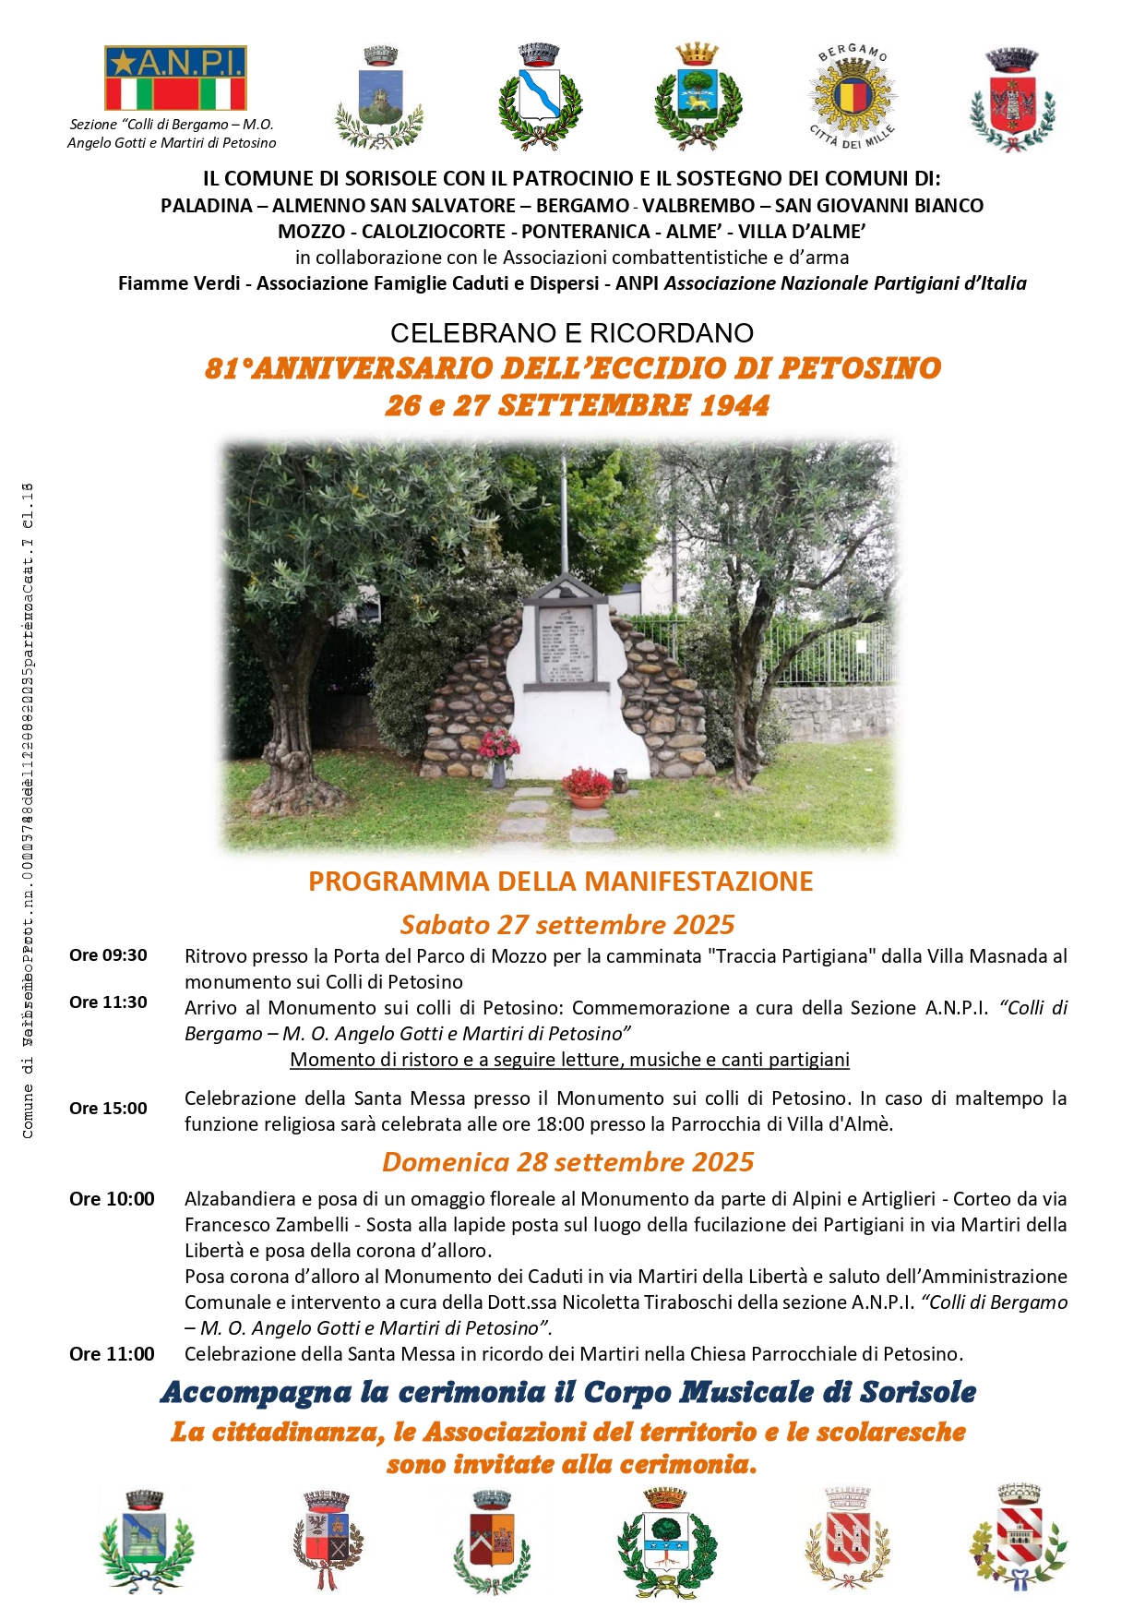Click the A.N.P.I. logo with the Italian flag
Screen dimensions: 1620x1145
coord(175,78)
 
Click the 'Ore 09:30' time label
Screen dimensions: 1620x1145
coord(108,955)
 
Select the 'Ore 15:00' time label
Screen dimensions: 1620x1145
coord(108,1109)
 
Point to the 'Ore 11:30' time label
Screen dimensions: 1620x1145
coord(108,1002)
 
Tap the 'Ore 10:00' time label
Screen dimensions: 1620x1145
coord(112,1199)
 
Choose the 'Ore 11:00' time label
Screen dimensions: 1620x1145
coord(112,1354)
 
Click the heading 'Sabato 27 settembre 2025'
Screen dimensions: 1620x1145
coord(567,925)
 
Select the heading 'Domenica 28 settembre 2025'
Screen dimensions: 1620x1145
coord(568,1162)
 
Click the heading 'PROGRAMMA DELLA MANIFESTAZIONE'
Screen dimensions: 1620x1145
coord(561,882)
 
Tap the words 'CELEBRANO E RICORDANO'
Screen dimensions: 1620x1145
coord(572,333)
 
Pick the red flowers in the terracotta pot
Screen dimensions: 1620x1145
coord(587,782)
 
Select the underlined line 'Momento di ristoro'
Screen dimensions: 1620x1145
coord(569,1060)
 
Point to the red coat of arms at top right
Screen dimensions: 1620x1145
coord(1012,100)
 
